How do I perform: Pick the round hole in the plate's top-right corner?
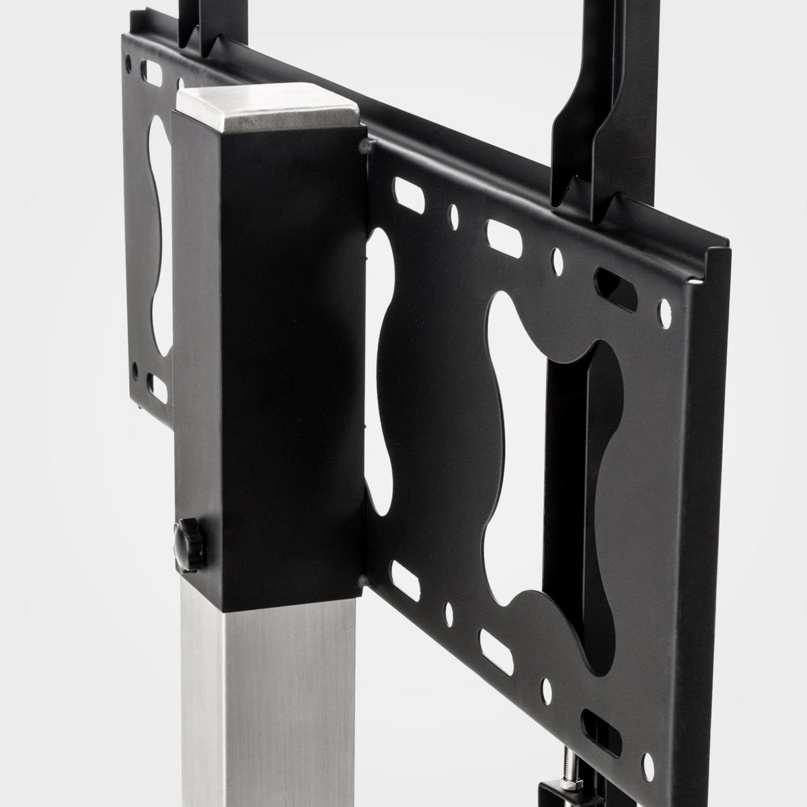tap(665, 311)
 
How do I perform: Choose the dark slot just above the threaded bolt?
tap(594, 722)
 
